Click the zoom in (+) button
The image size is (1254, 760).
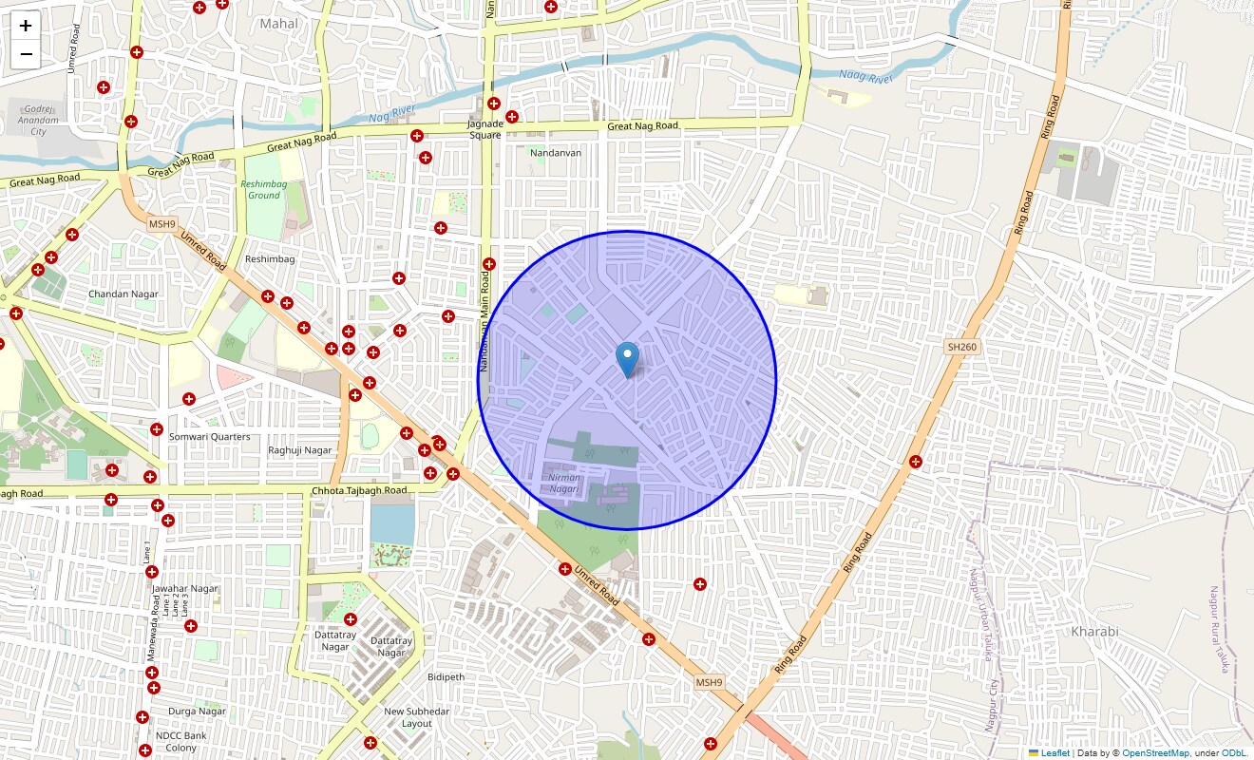[x=26, y=26]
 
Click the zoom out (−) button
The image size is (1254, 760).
[x=26, y=54]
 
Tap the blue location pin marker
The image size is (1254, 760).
[x=627, y=360]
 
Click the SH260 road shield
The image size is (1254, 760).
[x=961, y=348]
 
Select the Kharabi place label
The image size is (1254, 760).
[x=1094, y=631]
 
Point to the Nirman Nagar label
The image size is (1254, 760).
[x=564, y=484]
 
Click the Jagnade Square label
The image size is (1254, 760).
[x=484, y=129]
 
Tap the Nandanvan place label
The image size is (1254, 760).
[x=556, y=152]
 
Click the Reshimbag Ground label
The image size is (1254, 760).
[x=264, y=189]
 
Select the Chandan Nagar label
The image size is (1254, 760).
[x=123, y=294]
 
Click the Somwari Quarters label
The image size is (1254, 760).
[x=209, y=437]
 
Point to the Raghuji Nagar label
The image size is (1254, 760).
[x=300, y=450]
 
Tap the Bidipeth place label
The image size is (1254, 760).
[x=446, y=677]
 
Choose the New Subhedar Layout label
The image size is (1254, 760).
[x=416, y=717]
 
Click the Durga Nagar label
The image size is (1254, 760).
[x=197, y=712]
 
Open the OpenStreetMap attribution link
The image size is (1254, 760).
[x=1155, y=753]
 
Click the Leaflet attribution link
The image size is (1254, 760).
[x=1054, y=753]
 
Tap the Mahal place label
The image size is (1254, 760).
[x=278, y=24]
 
